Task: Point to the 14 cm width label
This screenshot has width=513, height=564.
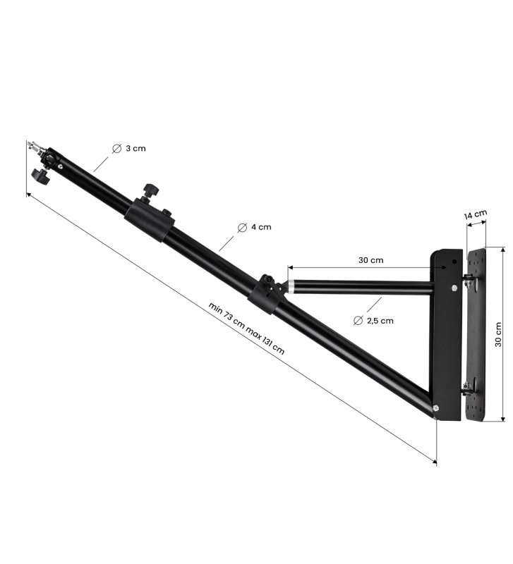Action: tap(475, 214)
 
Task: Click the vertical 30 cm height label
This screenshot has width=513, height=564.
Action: tap(498, 334)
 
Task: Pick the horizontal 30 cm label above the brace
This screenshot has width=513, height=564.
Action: tap(370, 260)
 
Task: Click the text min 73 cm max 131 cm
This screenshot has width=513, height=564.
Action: tap(246, 328)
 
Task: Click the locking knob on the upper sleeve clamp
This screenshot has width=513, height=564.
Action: tap(150, 190)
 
